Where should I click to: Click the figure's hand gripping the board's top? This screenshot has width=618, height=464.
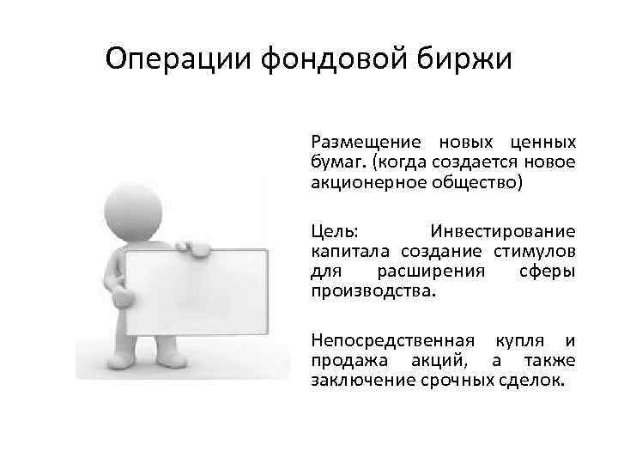(194, 247)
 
